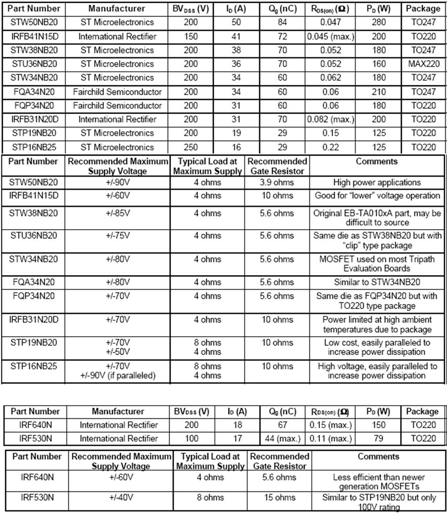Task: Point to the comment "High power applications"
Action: [x=377, y=182]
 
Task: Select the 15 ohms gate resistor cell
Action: [x=279, y=497]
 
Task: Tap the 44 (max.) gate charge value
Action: [x=282, y=439]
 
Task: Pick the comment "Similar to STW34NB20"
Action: [x=377, y=282]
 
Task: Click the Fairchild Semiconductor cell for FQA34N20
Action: [x=117, y=91]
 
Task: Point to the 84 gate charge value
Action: [x=282, y=22]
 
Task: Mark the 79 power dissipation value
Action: [x=378, y=439]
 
